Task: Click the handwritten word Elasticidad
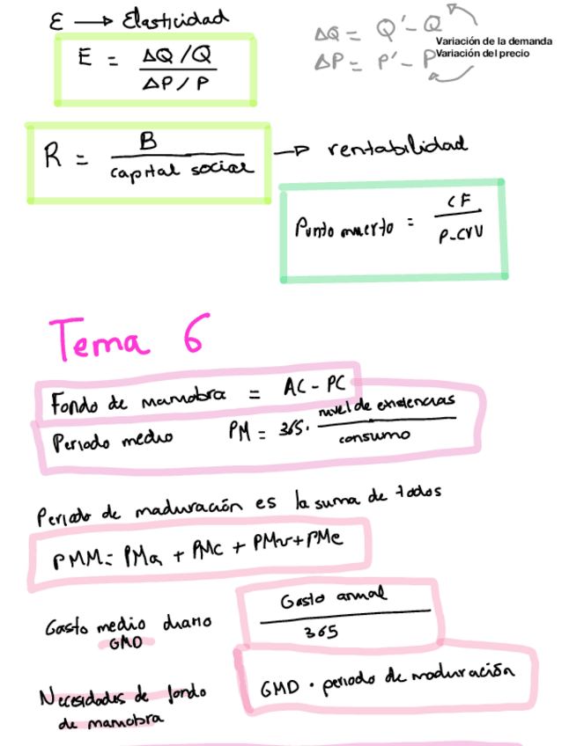[176, 18]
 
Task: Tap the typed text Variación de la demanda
[494, 41]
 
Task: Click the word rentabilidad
[397, 147]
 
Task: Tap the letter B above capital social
[149, 141]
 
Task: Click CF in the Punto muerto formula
[461, 204]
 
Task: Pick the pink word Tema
[100, 339]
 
